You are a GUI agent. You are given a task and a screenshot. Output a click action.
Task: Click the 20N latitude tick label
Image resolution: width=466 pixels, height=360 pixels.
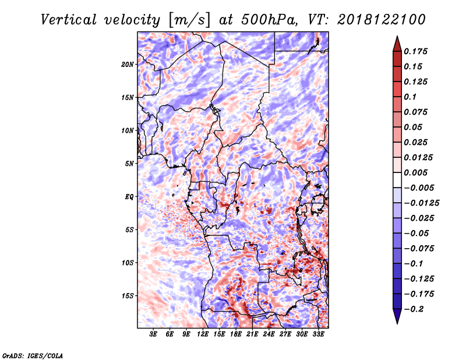pos(128,65)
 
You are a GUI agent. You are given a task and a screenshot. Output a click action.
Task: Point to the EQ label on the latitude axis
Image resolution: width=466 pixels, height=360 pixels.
pos(129,197)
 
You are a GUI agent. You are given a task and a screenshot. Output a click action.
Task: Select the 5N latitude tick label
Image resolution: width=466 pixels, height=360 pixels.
pos(129,164)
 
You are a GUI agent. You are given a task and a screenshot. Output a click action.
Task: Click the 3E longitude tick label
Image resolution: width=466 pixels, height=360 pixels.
pos(153,334)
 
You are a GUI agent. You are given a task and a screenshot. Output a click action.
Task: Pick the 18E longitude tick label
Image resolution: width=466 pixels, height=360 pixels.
pos(235,334)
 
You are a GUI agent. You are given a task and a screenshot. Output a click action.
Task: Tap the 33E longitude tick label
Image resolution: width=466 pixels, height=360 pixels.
pos(318,334)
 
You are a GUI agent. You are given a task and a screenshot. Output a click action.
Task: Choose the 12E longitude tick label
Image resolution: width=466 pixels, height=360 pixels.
pos(202,334)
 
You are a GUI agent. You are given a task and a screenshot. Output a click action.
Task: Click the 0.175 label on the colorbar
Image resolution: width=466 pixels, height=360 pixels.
pos(415,51)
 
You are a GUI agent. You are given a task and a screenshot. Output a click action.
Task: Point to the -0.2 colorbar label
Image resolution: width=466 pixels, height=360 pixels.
pos(414,309)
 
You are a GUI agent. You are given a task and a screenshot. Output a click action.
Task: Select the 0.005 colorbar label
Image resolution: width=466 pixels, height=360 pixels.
pos(415,172)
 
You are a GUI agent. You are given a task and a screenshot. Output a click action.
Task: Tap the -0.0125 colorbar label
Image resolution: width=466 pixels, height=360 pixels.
pos(421,203)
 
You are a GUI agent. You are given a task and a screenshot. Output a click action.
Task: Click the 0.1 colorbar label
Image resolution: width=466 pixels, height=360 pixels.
pos(410,97)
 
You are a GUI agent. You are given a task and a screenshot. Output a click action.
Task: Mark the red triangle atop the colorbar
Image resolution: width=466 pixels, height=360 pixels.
pos(397,44)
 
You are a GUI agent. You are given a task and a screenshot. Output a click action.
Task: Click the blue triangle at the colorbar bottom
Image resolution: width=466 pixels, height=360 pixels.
pos(397,316)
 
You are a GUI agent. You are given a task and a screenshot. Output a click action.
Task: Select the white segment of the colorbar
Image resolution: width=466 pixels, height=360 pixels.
pos(397,180)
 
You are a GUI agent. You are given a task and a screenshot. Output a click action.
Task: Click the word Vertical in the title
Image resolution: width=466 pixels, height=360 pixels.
pos(68,20)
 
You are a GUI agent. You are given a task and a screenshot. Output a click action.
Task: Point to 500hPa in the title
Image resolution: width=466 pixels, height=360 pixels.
pos(269,20)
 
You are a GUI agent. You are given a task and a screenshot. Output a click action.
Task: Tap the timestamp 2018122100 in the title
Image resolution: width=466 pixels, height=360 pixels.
pos(382,20)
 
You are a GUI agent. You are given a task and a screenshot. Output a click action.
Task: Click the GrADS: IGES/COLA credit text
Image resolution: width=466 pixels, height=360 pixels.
pos(33,356)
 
